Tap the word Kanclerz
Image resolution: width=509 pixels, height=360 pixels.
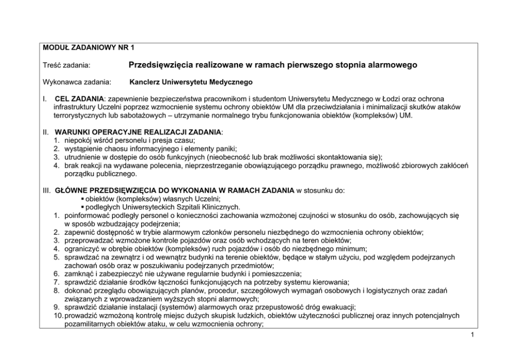click(145, 82)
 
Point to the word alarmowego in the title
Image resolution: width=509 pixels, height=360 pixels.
click(391, 65)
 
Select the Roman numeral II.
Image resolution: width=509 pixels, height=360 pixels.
click(45, 132)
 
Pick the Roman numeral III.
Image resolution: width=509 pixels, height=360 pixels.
click(46, 191)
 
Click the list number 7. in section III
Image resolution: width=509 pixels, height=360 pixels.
click(57, 281)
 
